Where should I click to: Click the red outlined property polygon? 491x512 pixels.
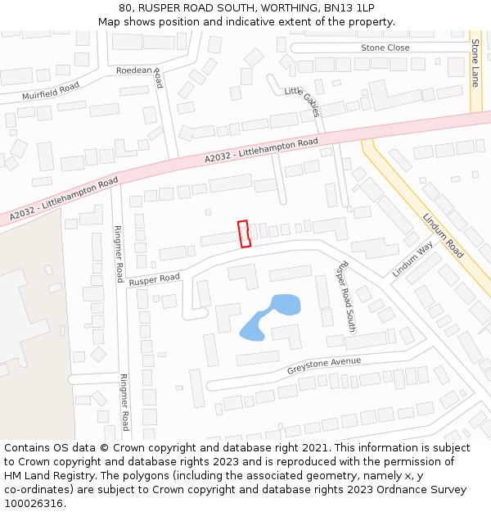(243, 233)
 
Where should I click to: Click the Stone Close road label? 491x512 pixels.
(385, 48)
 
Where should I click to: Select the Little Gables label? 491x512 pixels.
(301, 102)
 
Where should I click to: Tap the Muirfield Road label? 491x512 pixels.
(51, 91)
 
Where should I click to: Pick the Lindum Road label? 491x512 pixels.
(443, 236)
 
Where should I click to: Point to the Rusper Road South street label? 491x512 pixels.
(347, 297)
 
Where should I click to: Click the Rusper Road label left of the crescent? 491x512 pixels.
(154, 279)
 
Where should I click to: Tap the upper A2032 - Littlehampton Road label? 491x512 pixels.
(261, 151)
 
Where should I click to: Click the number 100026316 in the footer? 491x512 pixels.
(34, 503)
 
